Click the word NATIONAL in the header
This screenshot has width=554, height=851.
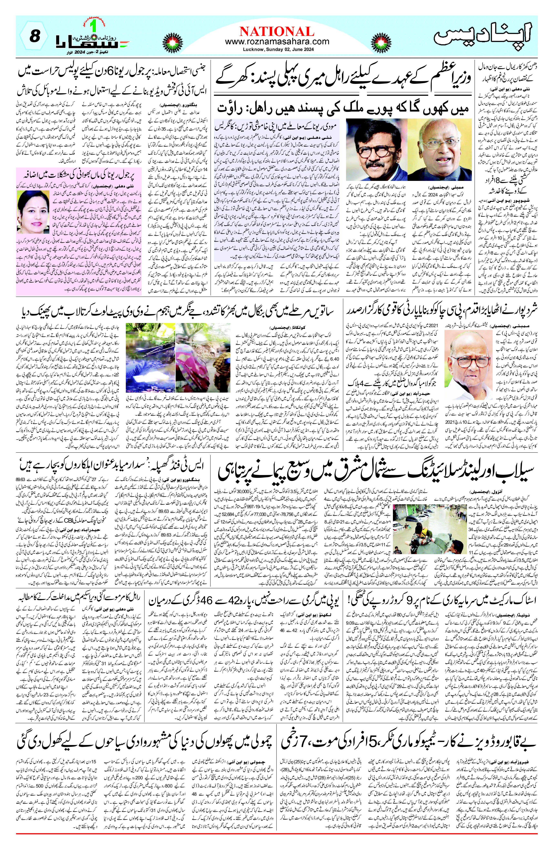[277, 31]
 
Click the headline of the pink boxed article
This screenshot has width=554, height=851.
[79, 176]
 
